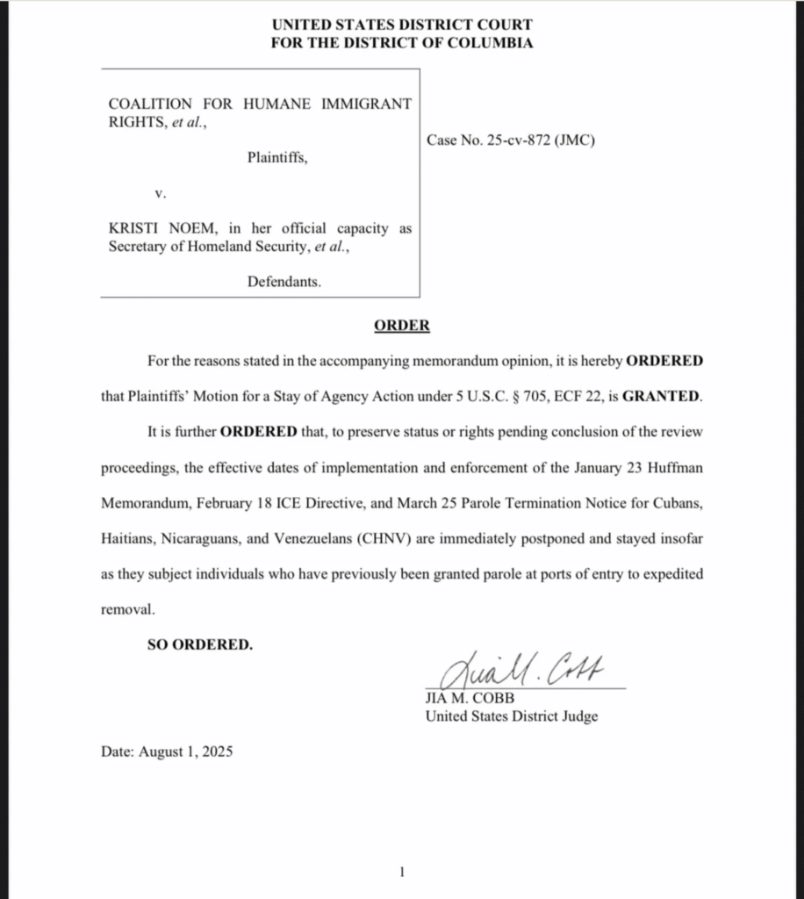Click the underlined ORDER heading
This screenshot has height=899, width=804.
click(402, 326)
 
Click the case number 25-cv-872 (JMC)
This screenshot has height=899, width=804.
click(511, 140)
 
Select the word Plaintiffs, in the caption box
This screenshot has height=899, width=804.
click(277, 158)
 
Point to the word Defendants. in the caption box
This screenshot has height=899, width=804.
click(284, 282)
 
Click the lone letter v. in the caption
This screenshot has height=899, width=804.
click(159, 191)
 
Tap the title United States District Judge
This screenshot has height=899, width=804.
click(511, 716)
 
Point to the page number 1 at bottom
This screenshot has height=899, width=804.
click(402, 872)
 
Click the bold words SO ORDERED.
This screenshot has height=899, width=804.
click(199, 644)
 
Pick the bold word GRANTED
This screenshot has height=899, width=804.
click(663, 396)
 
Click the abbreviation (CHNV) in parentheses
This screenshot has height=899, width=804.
click(385, 539)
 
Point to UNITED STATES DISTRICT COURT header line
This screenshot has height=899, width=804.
click(401, 25)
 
